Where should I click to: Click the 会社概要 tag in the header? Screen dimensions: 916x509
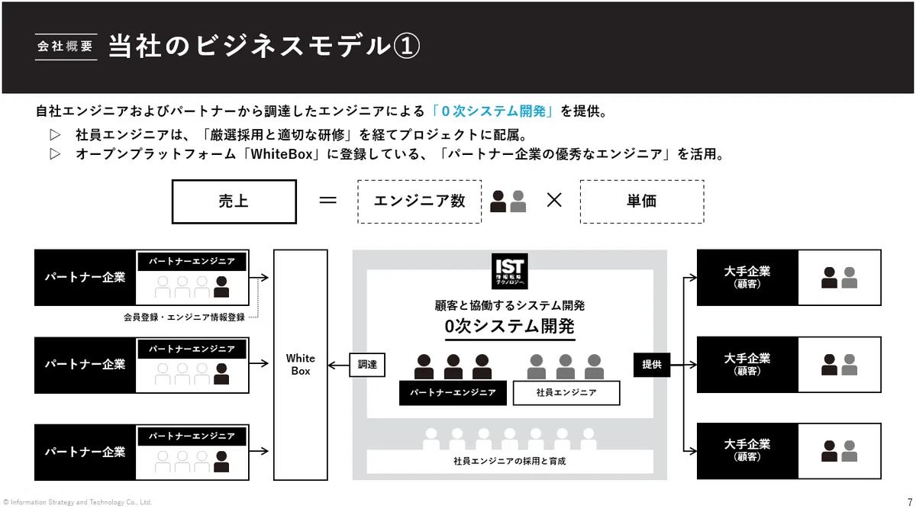pos(66,47)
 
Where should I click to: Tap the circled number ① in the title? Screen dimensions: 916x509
pos(406,46)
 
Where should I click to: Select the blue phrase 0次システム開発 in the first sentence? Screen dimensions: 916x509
pos(494,111)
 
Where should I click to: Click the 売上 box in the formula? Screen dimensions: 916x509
pos(234,201)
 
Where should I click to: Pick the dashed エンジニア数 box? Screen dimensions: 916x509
pos(420,201)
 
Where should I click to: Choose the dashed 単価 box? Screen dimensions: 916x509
pos(642,201)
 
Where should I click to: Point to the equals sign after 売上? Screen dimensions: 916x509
pos(328,201)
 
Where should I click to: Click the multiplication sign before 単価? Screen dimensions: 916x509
pos(554,201)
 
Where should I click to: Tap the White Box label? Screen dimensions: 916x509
pos(301,365)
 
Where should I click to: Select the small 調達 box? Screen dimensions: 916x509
pos(367,365)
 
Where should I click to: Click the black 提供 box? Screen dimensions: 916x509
pos(652,365)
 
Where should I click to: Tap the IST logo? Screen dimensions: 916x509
pos(510,271)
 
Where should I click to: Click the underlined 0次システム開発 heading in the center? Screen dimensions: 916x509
pos(510,327)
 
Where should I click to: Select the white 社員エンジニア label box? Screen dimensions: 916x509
pos(566,393)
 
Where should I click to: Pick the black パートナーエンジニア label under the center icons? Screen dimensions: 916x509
pos(453,393)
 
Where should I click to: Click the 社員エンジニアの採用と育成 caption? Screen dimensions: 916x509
pos(510,462)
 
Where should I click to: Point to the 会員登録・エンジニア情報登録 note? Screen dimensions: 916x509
pos(184,317)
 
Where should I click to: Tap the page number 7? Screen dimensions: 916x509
pos(910,502)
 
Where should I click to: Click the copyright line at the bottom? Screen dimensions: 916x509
pos(77,502)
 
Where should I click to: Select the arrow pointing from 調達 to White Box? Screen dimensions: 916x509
pos(339,365)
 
